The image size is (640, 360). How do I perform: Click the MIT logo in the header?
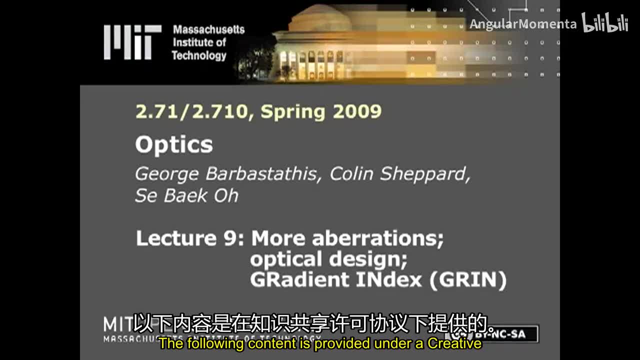click(132, 42)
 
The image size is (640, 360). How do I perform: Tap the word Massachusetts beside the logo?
click(208, 30)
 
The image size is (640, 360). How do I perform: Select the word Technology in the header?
click(199, 55)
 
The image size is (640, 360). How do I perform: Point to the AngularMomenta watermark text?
click(522, 24)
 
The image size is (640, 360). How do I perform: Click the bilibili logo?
click(605, 23)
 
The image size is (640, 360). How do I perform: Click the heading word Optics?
click(173, 145)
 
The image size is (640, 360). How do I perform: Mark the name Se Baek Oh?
click(186, 195)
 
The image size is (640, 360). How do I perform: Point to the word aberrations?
click(377, 238)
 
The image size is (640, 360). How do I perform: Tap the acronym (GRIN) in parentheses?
click(468, 279)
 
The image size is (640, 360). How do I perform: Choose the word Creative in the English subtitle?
click(454, 344)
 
